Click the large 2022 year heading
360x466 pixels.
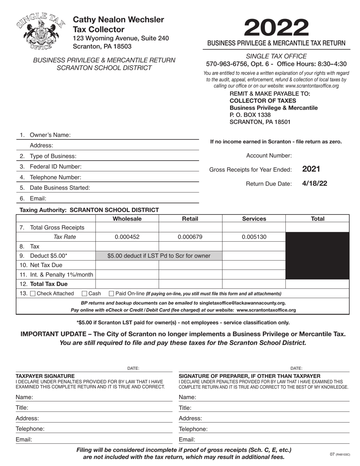[276, 28]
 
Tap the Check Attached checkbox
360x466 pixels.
[33, 294]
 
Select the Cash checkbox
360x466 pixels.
[85, 294]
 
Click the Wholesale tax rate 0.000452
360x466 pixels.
[127, 237]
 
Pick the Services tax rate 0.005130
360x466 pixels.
[254, 237]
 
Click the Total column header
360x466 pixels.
[317, 219]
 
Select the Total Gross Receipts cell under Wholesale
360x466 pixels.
[127, 227]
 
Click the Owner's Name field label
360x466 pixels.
[50, 135]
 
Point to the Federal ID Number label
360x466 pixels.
[55, 166]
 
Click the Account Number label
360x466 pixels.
[269, 155]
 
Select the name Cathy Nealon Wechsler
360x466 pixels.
[118, 20]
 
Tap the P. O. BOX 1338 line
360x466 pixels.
[250, 115]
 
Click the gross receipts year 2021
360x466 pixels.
[311, 169]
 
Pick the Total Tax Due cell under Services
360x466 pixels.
[254, 284]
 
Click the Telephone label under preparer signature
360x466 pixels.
[193, 429]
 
